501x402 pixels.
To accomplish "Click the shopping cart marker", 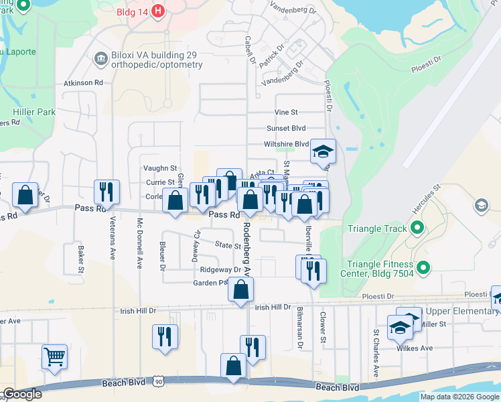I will [54, 355].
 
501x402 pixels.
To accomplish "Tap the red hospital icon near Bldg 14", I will [158, 11].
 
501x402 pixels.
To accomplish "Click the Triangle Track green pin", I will [417, 228].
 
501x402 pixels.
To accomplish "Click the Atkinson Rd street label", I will [83, 83].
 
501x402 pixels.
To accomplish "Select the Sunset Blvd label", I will [286, 128].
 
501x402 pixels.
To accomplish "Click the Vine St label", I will [286, 113].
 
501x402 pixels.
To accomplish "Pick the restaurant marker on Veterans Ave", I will [106, 192].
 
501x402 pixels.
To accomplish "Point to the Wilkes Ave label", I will [417, 348].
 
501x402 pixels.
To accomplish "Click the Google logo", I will [22, 394].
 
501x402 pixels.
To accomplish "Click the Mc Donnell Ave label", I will [140, 244].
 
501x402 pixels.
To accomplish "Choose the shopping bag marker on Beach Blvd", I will [233, 366].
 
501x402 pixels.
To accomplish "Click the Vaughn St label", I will [160, 168].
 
